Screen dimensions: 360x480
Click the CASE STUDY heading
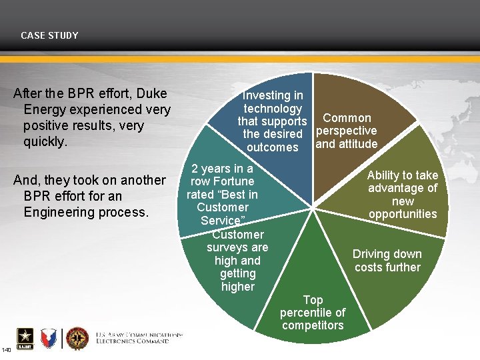49,35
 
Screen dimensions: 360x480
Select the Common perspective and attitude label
346,131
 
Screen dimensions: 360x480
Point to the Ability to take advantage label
403,194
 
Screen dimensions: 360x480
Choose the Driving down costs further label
387,261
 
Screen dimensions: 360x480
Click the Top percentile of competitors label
313,313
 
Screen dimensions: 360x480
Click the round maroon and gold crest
77,339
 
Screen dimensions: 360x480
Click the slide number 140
6,350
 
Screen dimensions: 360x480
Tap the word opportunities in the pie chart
403,214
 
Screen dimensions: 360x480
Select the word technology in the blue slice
272,109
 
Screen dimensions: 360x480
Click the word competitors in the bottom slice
313,325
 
